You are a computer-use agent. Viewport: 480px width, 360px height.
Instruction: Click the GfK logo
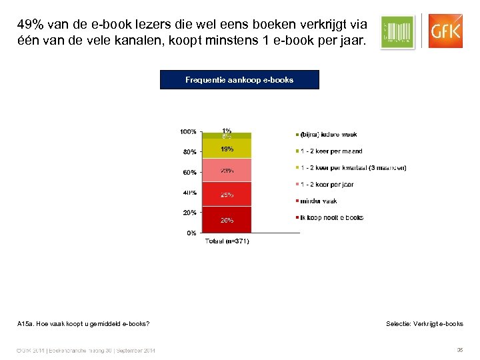445,31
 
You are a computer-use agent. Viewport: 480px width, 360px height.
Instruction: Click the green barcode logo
397,31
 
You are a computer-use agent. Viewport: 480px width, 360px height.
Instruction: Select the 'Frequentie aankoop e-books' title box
239,80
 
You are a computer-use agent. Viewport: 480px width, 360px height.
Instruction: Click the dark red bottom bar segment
227,219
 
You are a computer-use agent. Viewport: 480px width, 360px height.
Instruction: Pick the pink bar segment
227,170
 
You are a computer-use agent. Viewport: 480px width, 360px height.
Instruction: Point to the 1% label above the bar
227,131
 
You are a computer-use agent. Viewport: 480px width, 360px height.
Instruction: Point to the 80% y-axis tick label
189,152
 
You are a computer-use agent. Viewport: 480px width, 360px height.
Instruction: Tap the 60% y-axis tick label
189,172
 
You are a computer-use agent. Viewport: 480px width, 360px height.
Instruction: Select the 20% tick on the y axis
189,213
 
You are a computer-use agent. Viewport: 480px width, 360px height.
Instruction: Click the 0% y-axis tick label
191,233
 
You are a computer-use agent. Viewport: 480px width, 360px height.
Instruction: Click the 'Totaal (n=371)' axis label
227,241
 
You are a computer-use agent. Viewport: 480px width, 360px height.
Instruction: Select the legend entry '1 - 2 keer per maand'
331,151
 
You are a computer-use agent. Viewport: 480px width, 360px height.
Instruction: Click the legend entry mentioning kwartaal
353,168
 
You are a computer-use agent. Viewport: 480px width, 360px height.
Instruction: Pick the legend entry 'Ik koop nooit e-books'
331,217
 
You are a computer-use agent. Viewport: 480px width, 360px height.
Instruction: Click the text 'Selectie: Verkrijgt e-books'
424,324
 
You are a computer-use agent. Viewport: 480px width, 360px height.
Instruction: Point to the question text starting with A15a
83,324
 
